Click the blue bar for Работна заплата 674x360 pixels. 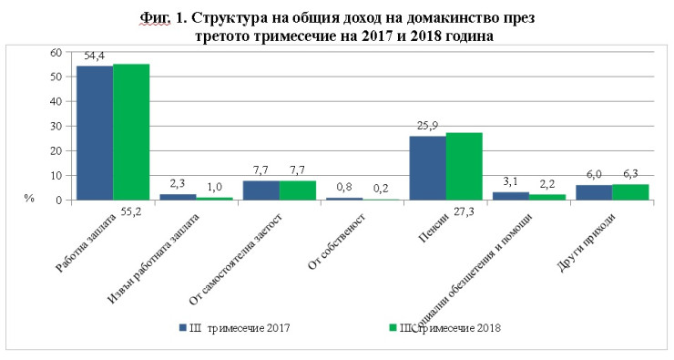pyautogui.click(x=95, y=133)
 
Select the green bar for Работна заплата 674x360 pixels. pyautogui.click(x=131, y=132)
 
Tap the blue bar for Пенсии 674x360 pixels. pyautogui.click(x=427, y=168)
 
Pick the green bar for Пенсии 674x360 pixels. pyautogui.click(x=465, y=166)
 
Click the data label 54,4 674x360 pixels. pyautogui.click(x=95, y=57)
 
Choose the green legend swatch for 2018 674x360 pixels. pyautogui.click(x=393, y=327)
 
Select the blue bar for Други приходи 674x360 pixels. pyautogui.click(x=594, y=192)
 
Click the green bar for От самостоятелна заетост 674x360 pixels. pyautogui.click(x=298, y=190)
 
